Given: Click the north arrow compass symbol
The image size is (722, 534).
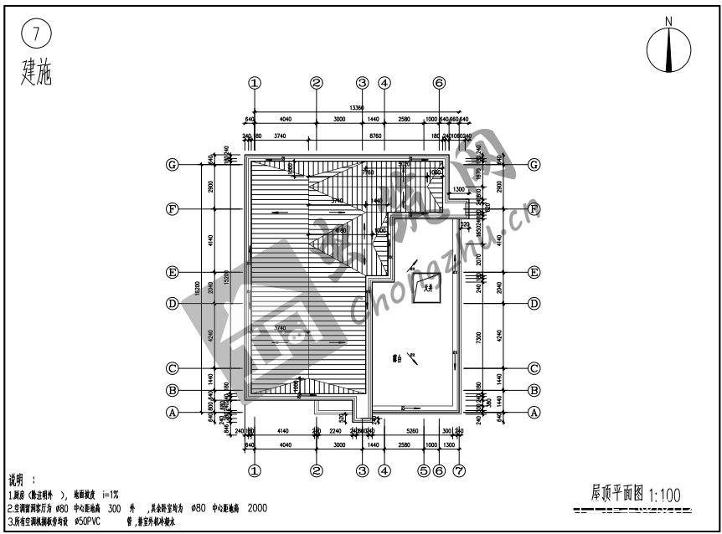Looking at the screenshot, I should point(668,49).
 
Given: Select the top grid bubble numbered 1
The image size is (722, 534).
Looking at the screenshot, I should point(255,83).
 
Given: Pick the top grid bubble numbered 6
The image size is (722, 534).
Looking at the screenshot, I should point(439,83).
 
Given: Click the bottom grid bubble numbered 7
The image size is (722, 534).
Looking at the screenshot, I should point(458,470).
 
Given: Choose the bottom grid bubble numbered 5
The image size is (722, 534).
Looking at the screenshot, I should point(423,470).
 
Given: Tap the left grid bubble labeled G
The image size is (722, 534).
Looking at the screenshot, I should point(173,165).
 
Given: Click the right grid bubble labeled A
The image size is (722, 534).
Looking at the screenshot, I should point(534,412).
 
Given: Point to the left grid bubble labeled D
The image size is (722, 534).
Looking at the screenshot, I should point(173,304).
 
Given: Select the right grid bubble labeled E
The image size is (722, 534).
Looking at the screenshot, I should point(534,273).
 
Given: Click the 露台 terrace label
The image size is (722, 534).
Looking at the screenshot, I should point(398,358).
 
